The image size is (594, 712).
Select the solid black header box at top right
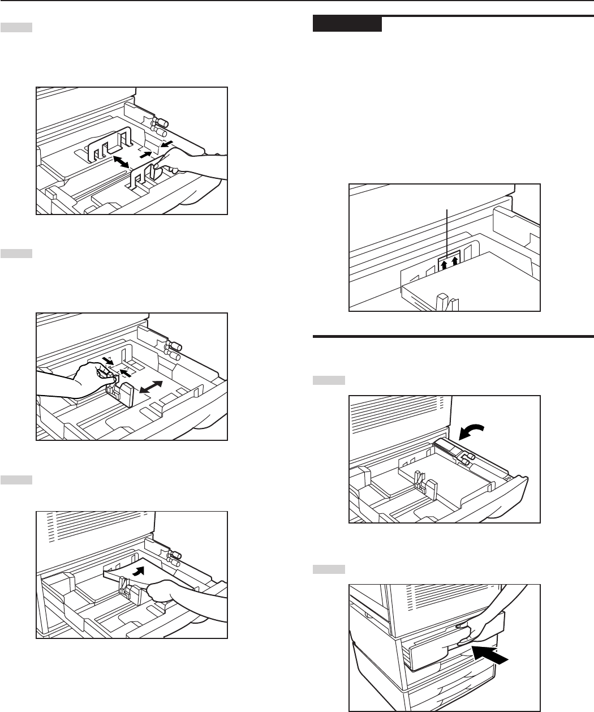[x=347, y=24]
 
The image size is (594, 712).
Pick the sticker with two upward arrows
[x=449, y=263]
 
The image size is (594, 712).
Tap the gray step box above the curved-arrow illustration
[x=329, y=381]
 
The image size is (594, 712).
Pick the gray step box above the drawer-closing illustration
[x=329, y=568]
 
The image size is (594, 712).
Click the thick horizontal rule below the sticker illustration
[x=453, y=338]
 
